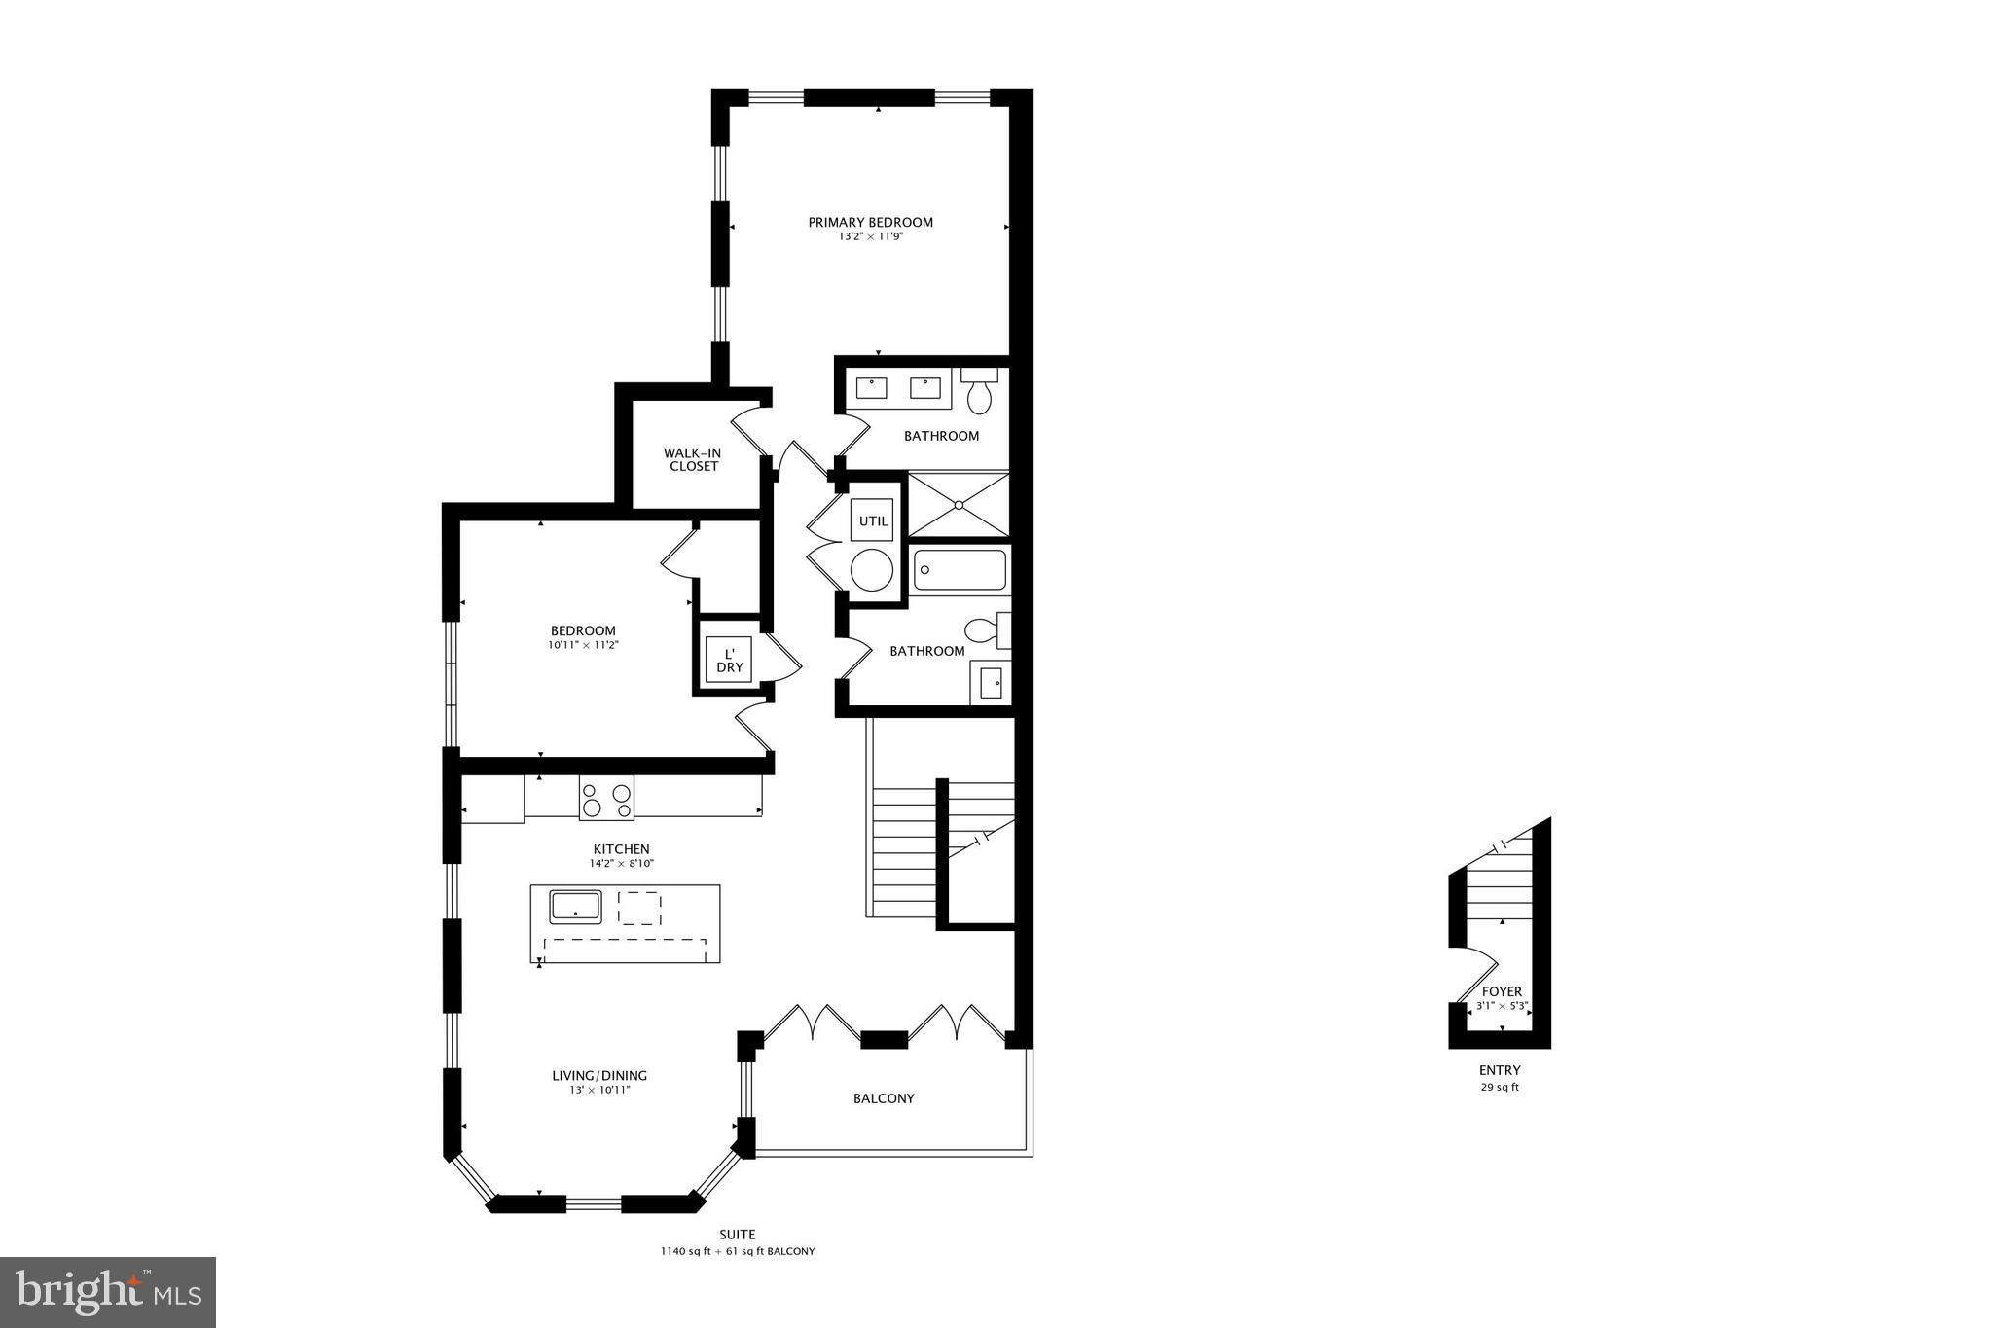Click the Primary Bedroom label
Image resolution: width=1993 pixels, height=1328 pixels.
coord(870,222)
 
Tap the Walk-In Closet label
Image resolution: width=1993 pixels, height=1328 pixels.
coord(692,459)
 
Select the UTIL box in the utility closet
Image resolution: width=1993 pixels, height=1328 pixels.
coord(873,520)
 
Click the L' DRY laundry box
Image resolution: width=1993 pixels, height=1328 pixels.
coord(729,660)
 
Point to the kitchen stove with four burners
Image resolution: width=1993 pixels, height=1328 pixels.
coord(606,798)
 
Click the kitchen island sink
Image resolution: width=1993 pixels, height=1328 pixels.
coord(576,907)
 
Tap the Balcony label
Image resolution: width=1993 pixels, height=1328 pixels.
coord(884,1098)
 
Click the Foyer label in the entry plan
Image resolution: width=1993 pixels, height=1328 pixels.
coord(1502,991)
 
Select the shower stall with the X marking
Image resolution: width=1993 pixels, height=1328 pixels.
coord(959,504)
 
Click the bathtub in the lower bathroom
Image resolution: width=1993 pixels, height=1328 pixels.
coord(960,570)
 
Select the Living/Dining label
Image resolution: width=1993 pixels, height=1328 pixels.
coord(599,1075)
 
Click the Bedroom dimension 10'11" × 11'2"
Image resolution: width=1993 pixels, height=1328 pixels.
coord(583,644)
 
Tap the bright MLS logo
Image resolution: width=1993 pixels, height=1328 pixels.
coord(108,1292)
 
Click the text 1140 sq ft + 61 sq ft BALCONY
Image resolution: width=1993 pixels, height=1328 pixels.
coord(737,1251)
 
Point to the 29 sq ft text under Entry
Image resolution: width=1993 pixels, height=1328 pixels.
coord(1500,1087)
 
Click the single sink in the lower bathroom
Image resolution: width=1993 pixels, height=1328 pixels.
coord(991,683)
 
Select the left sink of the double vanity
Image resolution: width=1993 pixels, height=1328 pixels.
coord(871,388)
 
